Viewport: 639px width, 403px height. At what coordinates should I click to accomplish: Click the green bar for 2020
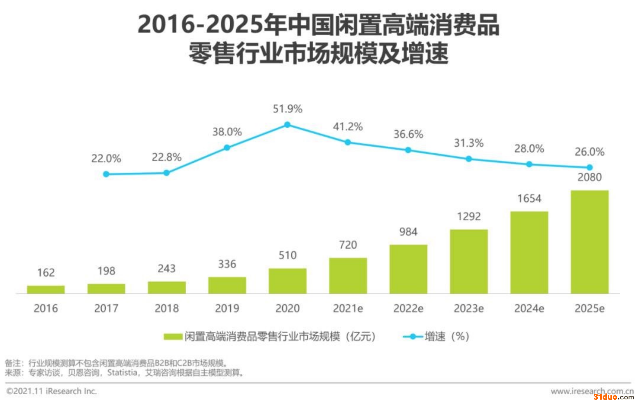(x=287, y=281)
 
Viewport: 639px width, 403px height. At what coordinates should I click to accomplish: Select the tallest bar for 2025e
(x=589, y=242)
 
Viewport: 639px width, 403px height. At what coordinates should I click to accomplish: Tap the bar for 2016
(x=46, y=289)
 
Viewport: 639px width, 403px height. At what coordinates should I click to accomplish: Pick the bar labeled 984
(x=408, y=269)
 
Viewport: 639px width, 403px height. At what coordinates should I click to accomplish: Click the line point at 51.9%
(x=287, y=125)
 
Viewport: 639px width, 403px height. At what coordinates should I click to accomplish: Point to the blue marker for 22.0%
(x=106, y=174)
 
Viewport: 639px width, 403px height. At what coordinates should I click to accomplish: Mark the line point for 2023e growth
(x=469, y=159)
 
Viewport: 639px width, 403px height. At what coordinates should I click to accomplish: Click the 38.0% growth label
(x=227, y=132)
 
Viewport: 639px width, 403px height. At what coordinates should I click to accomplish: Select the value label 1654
(x=529, y=199)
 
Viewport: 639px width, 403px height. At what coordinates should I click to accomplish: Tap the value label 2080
(x=589, y=177)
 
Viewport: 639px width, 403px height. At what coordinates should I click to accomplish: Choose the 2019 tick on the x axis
(x=227, y=308)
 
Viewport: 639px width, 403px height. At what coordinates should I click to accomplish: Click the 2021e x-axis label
(x=348, y=308)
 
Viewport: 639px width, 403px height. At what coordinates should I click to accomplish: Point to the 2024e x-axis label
(x=529, y=308)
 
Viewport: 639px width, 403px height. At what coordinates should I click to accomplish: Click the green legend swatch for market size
(x=173, y=336)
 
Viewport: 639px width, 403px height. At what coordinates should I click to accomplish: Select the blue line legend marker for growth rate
(x=413, y=336)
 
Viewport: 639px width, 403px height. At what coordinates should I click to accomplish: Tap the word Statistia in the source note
(x=122, y=373)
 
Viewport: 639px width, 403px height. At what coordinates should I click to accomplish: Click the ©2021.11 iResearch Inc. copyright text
(x=52, y=391)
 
